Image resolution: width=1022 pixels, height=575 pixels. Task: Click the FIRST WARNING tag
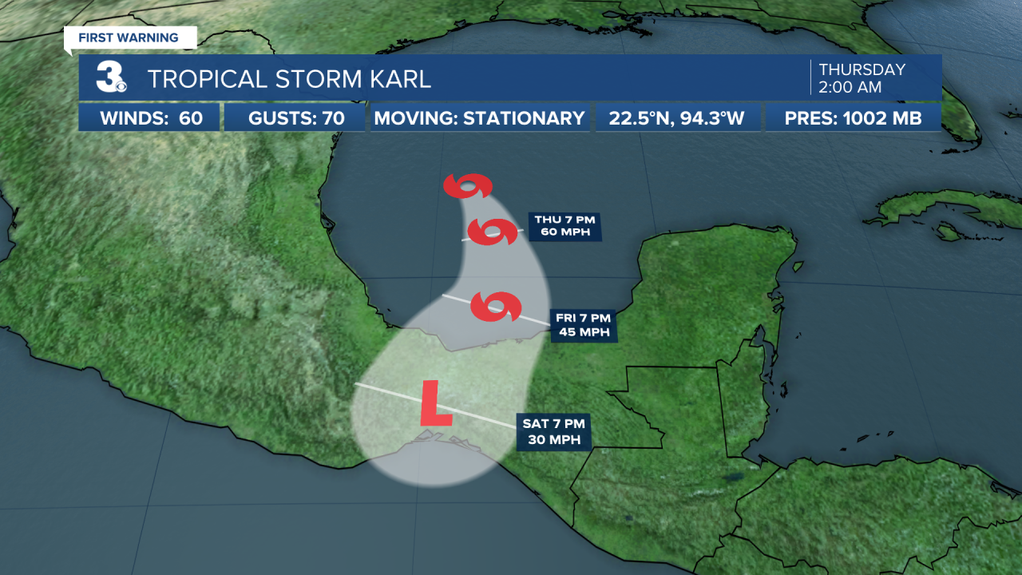click(x=129, y=38)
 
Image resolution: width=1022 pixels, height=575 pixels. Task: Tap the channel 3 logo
click(x=110, y=77)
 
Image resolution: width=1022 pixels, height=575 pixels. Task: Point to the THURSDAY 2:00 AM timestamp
click(x=862, y=77)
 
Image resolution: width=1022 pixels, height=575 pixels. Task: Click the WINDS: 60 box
click(x=149, y=119)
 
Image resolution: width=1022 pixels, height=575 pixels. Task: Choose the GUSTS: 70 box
click(x=295, y=119)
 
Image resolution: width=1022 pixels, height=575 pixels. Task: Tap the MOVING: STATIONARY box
click(x=479, y=119)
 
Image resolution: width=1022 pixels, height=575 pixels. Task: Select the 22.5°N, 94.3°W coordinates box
click(x=677, y=119)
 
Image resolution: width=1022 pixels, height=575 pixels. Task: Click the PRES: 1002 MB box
click(x=854, y=119)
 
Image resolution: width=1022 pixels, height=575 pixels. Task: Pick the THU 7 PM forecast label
click(x=564, y=226)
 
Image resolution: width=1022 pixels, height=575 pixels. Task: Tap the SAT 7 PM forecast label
click(x=553, y=432)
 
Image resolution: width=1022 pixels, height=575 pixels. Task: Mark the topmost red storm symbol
click(x=467, y=187)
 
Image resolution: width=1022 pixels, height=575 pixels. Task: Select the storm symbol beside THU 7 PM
click(x=491, y=232)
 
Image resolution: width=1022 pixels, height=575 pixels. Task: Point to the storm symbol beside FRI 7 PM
click(x=496, y=307)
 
